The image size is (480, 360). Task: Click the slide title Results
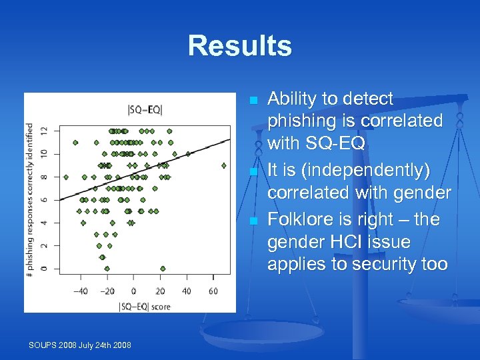coord(239,46)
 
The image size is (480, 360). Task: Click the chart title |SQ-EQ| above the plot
coord(144,109)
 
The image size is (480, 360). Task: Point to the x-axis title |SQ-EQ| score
coord(144,306)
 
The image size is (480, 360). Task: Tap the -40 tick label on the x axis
coord(81,291)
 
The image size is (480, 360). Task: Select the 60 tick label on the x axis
coord(213,291)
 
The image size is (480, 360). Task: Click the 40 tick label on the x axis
coord(187,291)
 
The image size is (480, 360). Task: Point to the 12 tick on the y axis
coord(45,131)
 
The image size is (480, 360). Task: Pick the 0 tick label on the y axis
coord(45,268)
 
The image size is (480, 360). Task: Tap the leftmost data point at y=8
coord(65,177)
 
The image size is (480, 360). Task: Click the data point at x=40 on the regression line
coord(188,153)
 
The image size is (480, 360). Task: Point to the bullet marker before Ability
coord(253,101)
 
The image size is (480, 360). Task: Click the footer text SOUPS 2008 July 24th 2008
coord(79,345)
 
